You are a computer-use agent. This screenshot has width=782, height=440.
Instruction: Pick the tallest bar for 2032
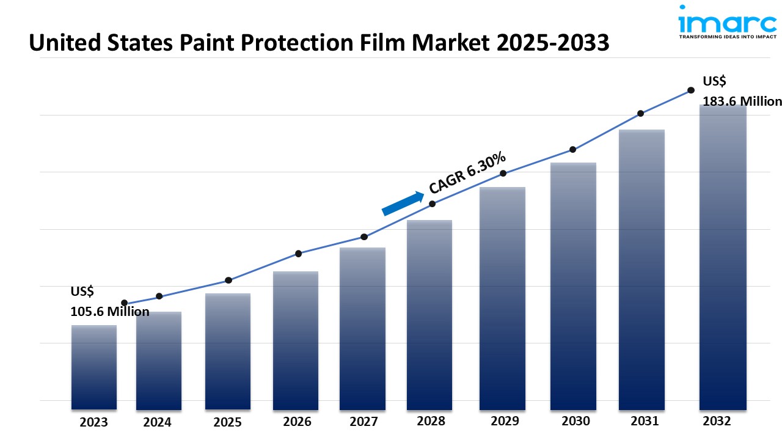pos(723,257)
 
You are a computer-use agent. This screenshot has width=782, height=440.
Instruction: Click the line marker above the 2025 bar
pos(228,280)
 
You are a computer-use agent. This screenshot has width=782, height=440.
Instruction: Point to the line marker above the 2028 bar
pos(432,204)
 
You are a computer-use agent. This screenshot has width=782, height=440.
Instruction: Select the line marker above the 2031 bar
pos(640,114)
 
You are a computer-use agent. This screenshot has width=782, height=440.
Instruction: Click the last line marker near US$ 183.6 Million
pos(691,90)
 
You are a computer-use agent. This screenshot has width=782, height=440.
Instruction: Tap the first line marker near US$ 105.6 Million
pos(125,303)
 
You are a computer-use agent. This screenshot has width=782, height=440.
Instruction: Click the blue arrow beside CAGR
pos(403,204)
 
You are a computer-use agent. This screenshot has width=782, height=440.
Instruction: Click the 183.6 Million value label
pos(742,101)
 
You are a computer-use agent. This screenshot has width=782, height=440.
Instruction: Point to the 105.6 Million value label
pos(110,312)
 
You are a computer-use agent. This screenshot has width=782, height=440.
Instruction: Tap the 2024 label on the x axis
pos(158,422)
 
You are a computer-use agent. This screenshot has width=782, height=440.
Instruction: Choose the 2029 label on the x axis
pos(504,421)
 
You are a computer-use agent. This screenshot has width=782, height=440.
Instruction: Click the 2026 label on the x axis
pos(297,422)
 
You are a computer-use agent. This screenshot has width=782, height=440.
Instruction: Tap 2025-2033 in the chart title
pos(549,43)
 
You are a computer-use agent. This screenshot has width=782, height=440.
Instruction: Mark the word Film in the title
pos(396,43)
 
